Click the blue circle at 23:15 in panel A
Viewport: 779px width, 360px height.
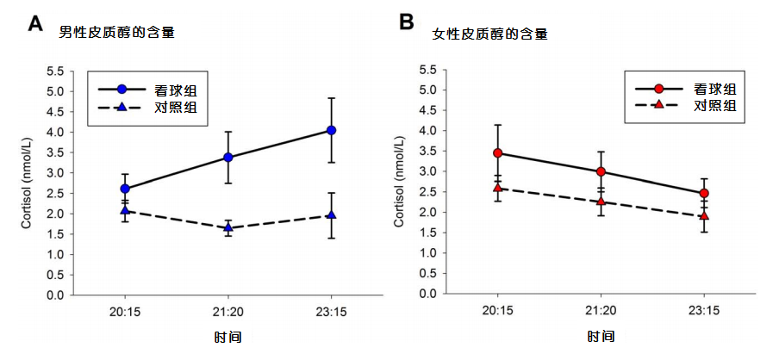tap(331, 130)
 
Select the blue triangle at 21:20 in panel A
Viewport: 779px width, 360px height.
tap(228, 227)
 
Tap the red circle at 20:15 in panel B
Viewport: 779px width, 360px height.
tap(497, 152)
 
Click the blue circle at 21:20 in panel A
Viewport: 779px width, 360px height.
tap(228, 157)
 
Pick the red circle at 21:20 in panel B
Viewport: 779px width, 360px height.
tap(601, 171)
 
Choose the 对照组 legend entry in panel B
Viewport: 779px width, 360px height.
tap(714, 106)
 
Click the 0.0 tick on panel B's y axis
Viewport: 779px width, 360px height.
tap(426, 294)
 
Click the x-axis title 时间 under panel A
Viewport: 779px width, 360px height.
tap(228, 337)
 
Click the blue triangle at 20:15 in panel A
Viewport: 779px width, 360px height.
tap(125, 210)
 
